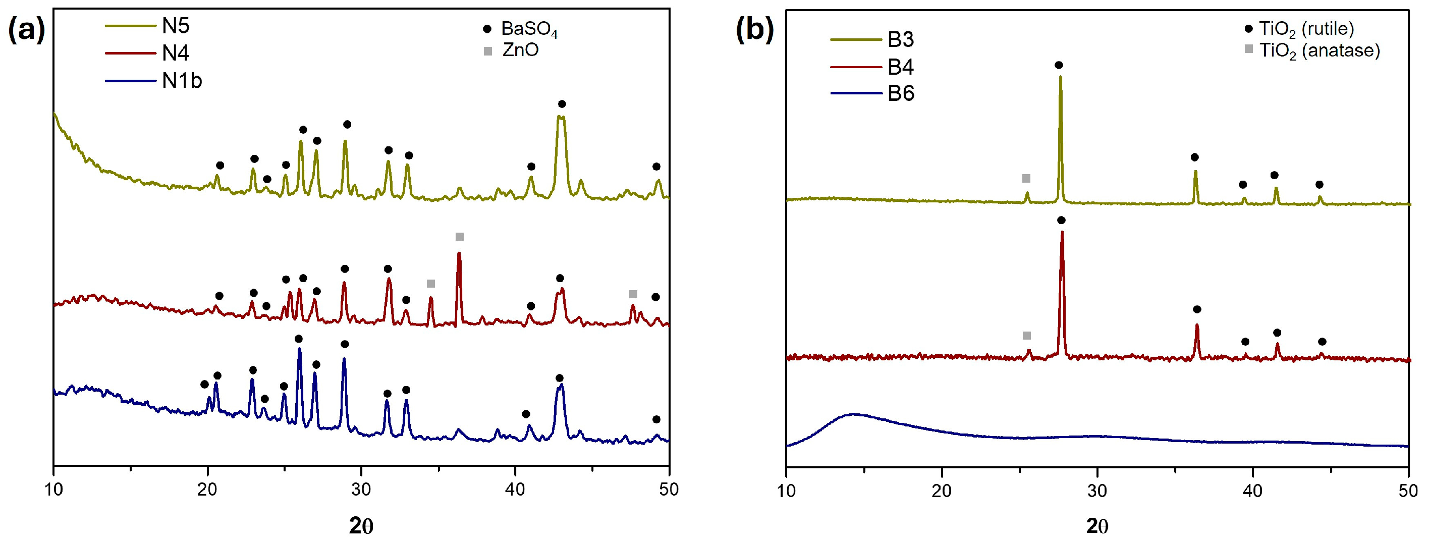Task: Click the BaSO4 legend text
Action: click(x=529, y=29)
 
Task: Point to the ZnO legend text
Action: click(x=520, y=50)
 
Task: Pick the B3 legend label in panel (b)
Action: click(x=900, y=39)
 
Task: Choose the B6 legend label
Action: click(x=900, y=93)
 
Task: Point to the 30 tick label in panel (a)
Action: click(x=361, y=490)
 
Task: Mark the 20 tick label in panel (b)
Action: click(x=942, y=491)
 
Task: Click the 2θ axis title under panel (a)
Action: click(x=361, y=525)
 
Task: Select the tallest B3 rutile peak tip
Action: click(x=1060, y=77)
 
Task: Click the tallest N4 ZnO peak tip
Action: click(x=459, y=253)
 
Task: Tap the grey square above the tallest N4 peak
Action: click(x=459, y=237)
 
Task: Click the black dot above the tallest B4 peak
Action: click(x=1061, y=220)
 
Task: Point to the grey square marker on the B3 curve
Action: click(x=1026, y=178)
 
